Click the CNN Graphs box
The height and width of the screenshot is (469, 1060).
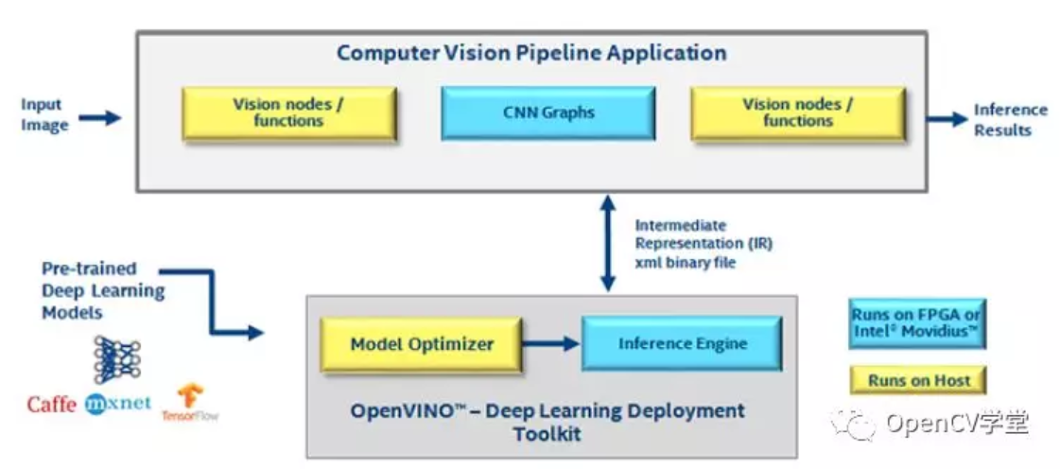click(x=547, y=113)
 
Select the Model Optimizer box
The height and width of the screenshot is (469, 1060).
click(x=421, y=344)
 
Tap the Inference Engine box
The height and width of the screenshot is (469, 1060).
click(x=682, y=343)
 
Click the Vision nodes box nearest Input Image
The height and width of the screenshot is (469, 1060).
click(x=288, y=113)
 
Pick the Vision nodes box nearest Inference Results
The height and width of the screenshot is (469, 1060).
click(x=798, y=113)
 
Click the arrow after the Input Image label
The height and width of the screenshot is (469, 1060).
click(x=99, y=119)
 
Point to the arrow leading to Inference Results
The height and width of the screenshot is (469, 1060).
click(x=947, y=119)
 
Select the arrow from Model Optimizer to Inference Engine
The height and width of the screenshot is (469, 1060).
click(x=551, y=344)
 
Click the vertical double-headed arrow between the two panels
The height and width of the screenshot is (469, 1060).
click(x=609, y=243)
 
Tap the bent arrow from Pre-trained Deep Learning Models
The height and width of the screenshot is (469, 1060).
click(x=212, y=302)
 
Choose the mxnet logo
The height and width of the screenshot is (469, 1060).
click(x=118, y=404)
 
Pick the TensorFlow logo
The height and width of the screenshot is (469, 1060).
click(x=190, y=403)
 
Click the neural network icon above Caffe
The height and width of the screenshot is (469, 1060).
click(x=117, y=361)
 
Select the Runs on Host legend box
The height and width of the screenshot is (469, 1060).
click(x=919, y=380)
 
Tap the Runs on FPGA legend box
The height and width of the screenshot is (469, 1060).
click(x=917, y=323)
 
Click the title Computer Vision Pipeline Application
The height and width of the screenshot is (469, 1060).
click(x=532, y=53)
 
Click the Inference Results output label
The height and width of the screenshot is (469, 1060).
click(x=1010, y=120)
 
